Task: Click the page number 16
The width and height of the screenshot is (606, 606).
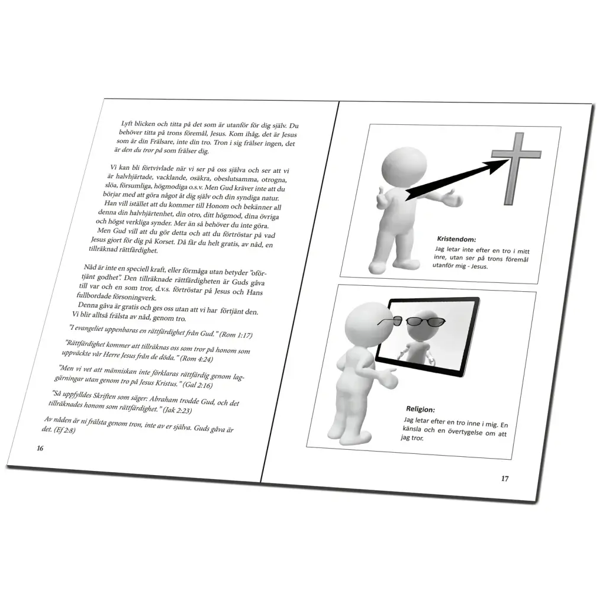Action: point(40,449)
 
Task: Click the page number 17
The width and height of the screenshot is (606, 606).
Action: point(505,479)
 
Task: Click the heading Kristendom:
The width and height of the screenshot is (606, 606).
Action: point(456,239)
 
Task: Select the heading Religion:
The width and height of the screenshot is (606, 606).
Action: point(420,410)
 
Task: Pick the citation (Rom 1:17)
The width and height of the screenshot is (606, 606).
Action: point(236,335)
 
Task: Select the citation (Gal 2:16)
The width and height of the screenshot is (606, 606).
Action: point(198,385)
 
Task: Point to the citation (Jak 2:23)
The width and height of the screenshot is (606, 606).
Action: point(178,410)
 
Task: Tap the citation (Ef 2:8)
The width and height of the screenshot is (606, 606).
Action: point(64,430)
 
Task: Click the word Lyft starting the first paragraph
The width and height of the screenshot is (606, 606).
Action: point(127,124)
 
